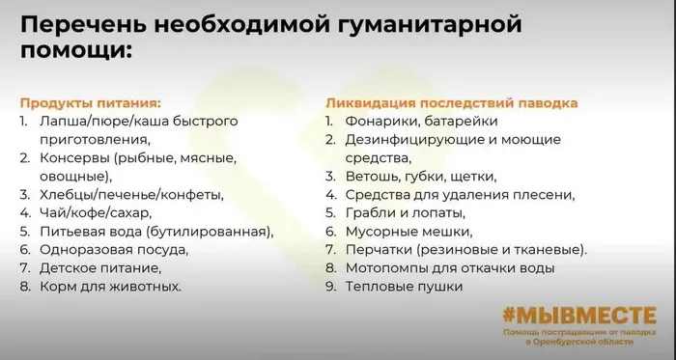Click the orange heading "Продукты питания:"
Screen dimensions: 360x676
point(91,101)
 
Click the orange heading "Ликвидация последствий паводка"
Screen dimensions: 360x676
point(452,101)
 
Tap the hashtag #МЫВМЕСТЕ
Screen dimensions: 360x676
point(578,316)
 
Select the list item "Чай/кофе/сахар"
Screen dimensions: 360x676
point(99,212)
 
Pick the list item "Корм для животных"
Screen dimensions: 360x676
point(110,286)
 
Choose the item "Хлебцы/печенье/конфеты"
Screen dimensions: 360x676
point(131,194)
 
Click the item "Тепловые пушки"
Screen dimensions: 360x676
point(407,286)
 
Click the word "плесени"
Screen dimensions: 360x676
point(548,194)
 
